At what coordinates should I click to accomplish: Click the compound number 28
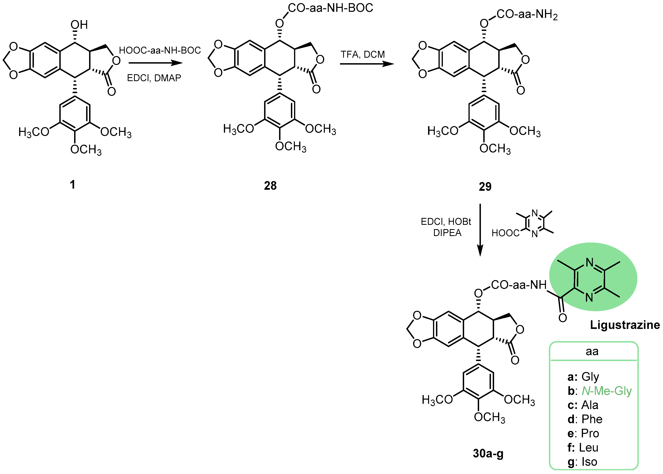click(270, 186)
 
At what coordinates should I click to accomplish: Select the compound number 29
click(485, 186)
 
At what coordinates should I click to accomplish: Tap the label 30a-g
click(488, 454)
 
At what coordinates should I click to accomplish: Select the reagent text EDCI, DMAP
click(154, 78)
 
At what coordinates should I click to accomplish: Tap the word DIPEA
click(447, 233)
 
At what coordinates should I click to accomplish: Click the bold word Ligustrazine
click(625, 325)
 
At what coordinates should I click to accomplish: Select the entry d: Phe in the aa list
click(585, 419)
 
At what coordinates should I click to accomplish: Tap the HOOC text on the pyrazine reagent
click(505, 233)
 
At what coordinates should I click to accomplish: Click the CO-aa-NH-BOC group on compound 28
click(330, 8)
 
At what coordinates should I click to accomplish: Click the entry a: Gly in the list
click(583, 377)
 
